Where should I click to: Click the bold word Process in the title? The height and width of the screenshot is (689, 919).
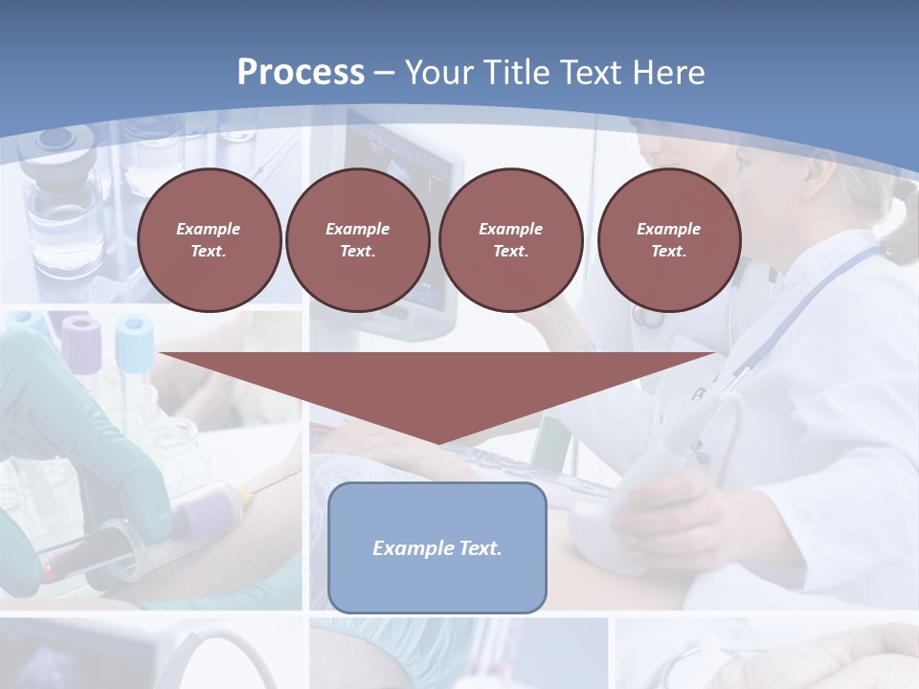pyautogui.click(x=301, y=73)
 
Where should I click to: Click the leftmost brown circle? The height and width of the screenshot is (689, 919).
pyautogui.click(x=209, y=240)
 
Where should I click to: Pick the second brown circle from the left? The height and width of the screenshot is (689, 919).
pyautogui.click(x=357, y=240)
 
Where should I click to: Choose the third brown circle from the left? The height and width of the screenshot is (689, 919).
pyautogui.click(x=510, y=240)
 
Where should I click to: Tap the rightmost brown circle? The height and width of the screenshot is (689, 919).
pyautogui.click(x=668, y=240)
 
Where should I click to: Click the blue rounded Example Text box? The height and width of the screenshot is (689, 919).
pyautogui.click(x=437, y=574)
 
